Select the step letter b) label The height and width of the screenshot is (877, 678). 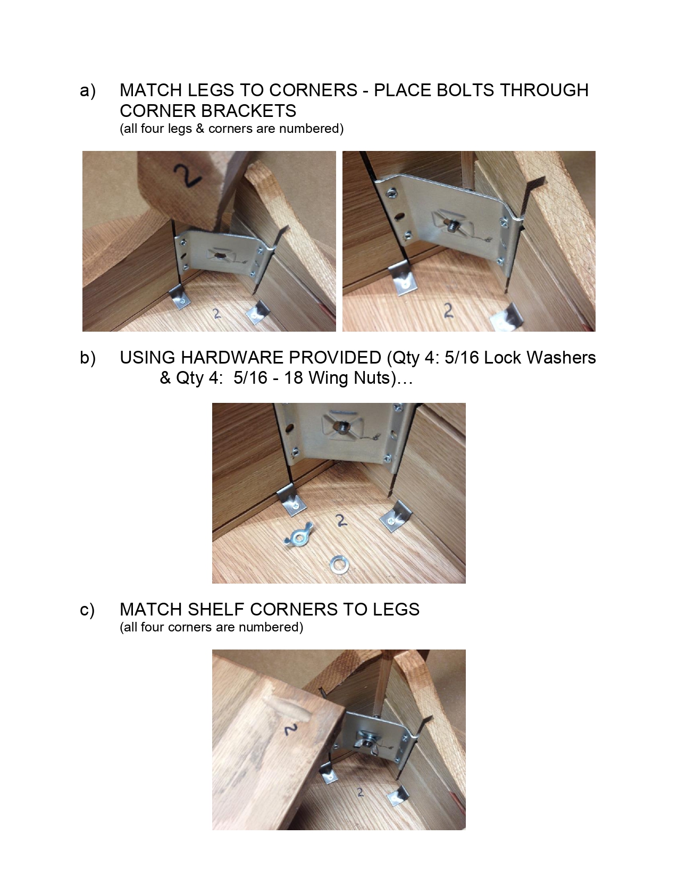click(x=88, y=358)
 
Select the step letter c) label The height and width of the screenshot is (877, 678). click(x=88, y=610)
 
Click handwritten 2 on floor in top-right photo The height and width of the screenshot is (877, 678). click(x=448, y=310)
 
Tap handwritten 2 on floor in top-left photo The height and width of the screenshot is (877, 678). click(x=216, y=314)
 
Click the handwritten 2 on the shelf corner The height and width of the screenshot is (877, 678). click(x=290, y=729)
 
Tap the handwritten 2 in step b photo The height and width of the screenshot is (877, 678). click(x=341, y=519)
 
